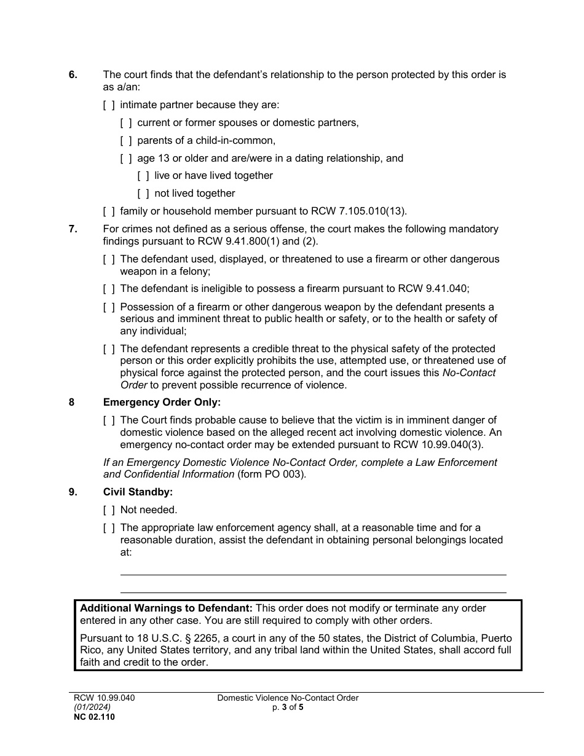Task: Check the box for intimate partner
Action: [x=109, y=105]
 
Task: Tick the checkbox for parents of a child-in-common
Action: [x=126, y=140]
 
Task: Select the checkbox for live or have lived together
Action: [x=143, y=176]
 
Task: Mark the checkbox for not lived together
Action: [x=143, y=194]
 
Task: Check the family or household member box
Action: [x=109, y=211]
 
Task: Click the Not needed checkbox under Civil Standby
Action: [x=109, y=510]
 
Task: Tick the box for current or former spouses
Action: [x=126, y=123]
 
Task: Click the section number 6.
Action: [x=73, y=75]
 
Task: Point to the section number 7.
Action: [x=73, y=229]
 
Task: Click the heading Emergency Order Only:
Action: [x=161, y=403]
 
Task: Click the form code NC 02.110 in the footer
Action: [x=93, y=716]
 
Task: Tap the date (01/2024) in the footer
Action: [x=92, y=707]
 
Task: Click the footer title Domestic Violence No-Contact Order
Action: [x=288, y=698]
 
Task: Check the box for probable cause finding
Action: [x=109, y=420]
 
